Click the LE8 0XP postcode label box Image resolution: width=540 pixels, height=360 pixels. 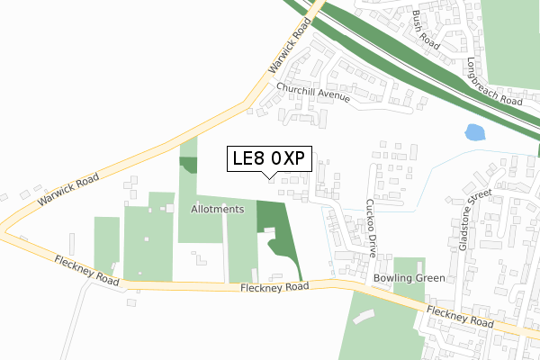(x=269, y=158)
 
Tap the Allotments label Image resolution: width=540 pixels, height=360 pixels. (x=218, y=209)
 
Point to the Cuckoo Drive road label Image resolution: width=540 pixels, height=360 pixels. (x=370, y=227)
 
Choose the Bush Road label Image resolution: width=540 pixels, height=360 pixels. (x=426, y=29)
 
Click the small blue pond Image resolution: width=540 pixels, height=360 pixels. (x=474, y=134)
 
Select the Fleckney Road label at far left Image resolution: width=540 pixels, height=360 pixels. (x=86, y=268)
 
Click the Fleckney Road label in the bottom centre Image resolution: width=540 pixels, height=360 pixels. (x=274, y=287)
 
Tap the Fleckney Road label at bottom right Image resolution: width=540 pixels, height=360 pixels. (x=460, y=316)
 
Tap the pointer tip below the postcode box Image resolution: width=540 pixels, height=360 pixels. (x=269, y=176)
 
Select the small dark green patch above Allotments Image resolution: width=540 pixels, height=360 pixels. (x=188, y=165)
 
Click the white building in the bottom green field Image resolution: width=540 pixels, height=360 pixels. (x=364, y=316)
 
